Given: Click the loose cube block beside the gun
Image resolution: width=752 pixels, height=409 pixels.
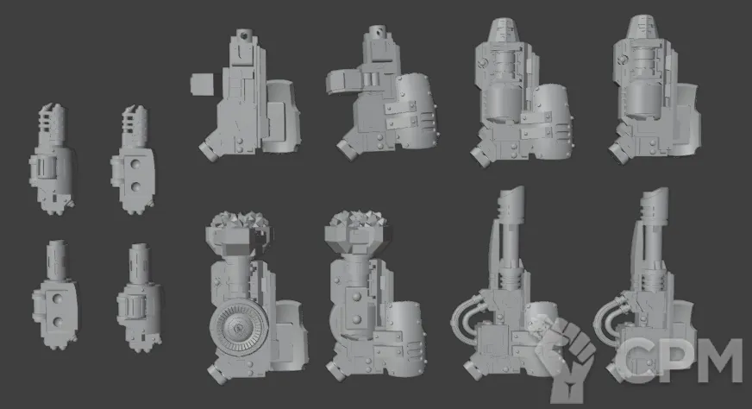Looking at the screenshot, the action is point(202,85).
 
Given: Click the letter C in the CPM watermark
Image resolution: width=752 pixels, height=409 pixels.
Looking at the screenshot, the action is point(635,361).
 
